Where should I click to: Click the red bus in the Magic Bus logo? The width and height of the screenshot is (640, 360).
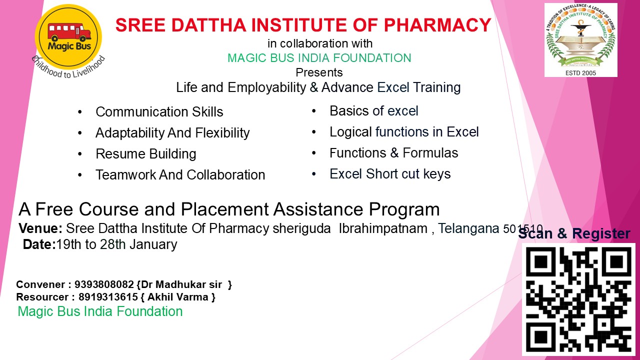tap(69, 31)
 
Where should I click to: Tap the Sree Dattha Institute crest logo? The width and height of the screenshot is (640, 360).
tap(580, 39)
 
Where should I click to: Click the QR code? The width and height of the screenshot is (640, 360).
tap(578, 299)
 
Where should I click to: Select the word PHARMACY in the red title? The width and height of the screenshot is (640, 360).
tap(437, 25)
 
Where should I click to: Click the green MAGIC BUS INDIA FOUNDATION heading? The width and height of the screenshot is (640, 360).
tap(319, 58)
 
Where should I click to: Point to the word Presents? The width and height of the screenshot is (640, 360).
tap(319, 72)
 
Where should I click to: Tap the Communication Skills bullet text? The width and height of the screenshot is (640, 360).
tap(159, 111)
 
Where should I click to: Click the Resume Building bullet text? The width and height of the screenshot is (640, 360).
tap(145, 154)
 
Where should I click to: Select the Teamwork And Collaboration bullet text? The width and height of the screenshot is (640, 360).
tap(180, 175)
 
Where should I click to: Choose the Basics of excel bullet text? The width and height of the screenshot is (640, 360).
tap(373, 111)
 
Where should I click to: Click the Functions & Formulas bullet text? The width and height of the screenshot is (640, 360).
tap(393, 153)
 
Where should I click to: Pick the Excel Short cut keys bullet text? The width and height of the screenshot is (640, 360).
tap(390, 174)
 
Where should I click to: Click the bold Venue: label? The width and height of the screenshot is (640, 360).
tap(40, 228)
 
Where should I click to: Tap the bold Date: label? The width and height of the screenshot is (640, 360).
tap(39, 244)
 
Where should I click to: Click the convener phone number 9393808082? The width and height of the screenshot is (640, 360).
tap(104, 284)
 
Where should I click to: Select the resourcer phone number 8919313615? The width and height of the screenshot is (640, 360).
tap(108, 297)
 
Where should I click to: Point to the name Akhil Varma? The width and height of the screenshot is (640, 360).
tap(177, 297)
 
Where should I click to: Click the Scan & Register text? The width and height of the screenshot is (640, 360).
tap(574, 233)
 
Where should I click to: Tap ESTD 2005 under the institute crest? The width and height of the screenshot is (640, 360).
tap(580, 73)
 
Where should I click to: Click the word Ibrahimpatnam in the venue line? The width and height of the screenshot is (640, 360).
tap(383, 228)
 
